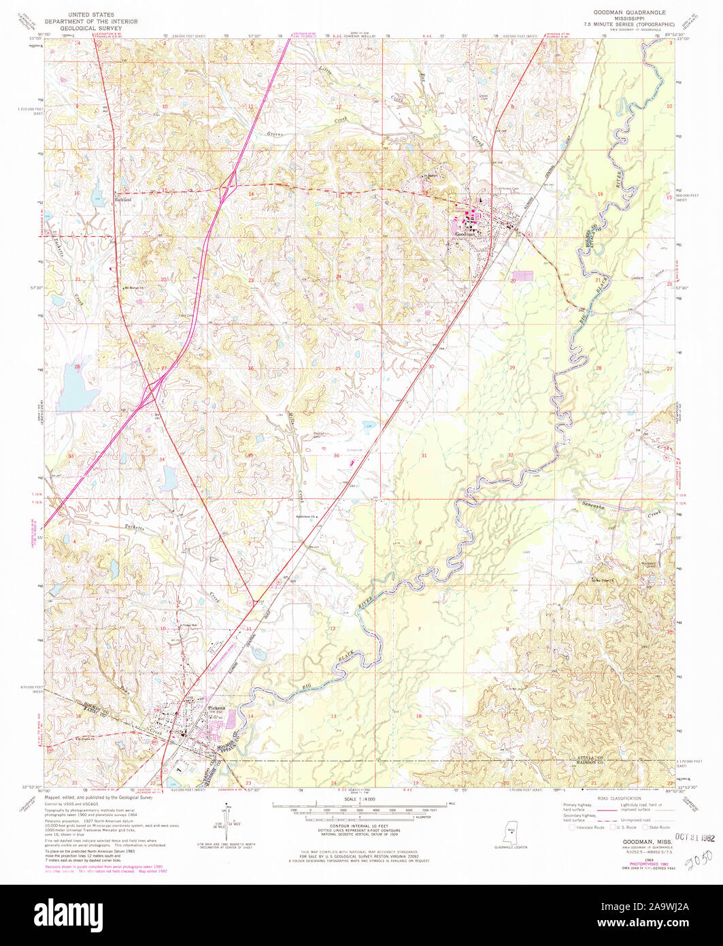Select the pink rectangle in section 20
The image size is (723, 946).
coord(524,278)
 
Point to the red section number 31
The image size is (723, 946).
coord(424,455)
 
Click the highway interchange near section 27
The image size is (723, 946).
coord(151,393)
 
